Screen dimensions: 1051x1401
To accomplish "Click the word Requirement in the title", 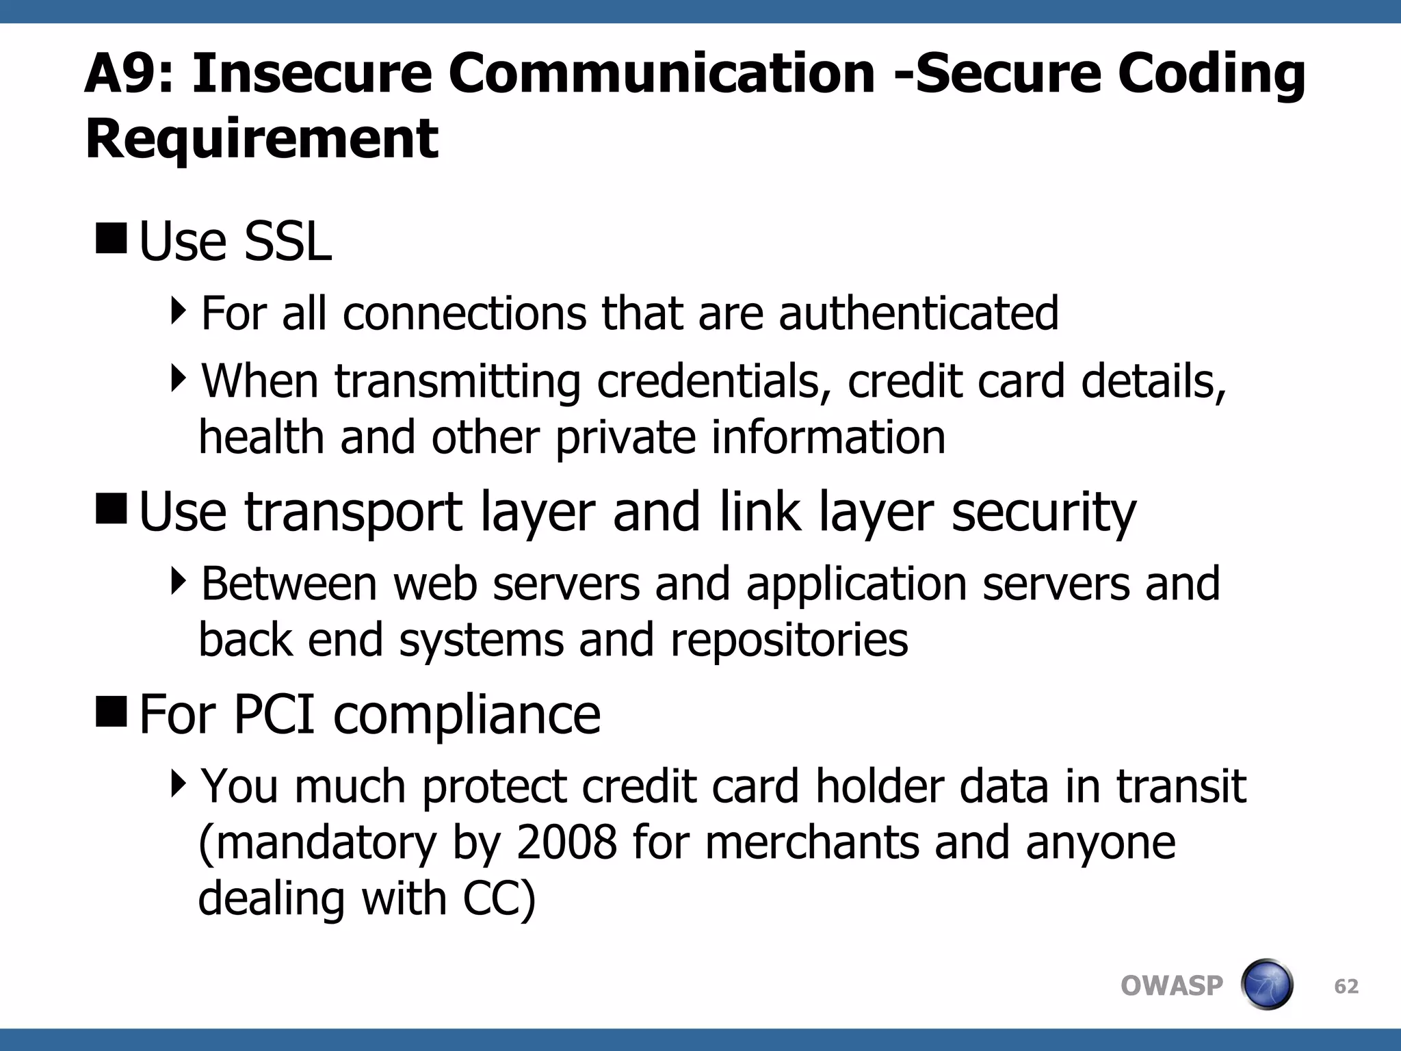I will [261, 139].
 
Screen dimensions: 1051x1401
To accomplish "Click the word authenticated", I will [918, 313].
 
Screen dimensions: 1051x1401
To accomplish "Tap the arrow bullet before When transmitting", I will [179, 378].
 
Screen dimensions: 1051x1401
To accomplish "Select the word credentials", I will [709, 381].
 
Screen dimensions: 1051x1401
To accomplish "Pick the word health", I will [261, 437].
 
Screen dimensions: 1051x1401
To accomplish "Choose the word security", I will [1044, 513].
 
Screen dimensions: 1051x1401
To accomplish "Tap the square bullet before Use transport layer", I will [112, 508].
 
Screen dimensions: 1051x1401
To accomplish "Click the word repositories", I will [789, 640].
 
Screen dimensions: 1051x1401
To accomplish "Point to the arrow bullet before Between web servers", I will [179, 581].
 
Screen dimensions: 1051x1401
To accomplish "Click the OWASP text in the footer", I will [1171, 986].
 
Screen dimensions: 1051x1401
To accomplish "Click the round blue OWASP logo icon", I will [1266, 985].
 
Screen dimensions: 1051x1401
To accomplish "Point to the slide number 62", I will [1346, 986].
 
